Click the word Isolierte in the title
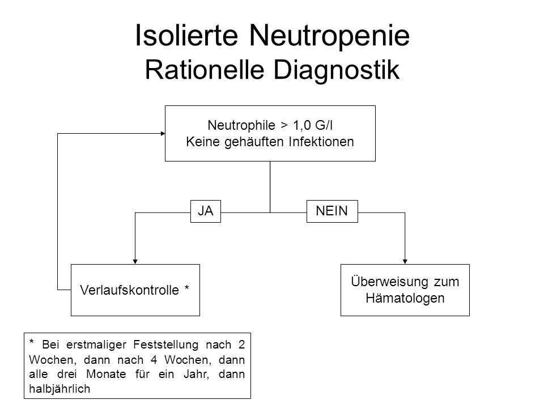pyautogui.click(x=186, y=35)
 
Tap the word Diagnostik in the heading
pyautogui.click(x=337, y=70)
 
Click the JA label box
pyautogui.click(x=206, y=211)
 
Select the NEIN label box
pyautogui.click(x=332, y=211)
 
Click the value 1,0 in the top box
pyautogui.click(x=302, y=125)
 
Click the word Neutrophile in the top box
pyautogui.click(x=241, y=125)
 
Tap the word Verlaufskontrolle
pyautogui.click(x=129, y=290)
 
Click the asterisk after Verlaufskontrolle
pyautogui.click(x=187, y=287)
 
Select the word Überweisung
pyautogui.click(x=390, y=282)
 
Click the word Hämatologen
pyautogui.click(x=405, y=298)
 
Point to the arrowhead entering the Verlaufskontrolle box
pyautogui.click(x=135, y=262)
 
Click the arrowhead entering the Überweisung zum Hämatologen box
pyautogui.click(x=405, y=262)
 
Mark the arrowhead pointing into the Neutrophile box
pyautogui.click(x=163, y=134)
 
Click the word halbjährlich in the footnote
pyautogui.click(x=59, y=389)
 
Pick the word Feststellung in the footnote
pyautogui.click(x=166, y=345)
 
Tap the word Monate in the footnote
pyautogui.click(x=106, y=374)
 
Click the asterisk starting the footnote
pyautogui.click(x=32, y=342)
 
